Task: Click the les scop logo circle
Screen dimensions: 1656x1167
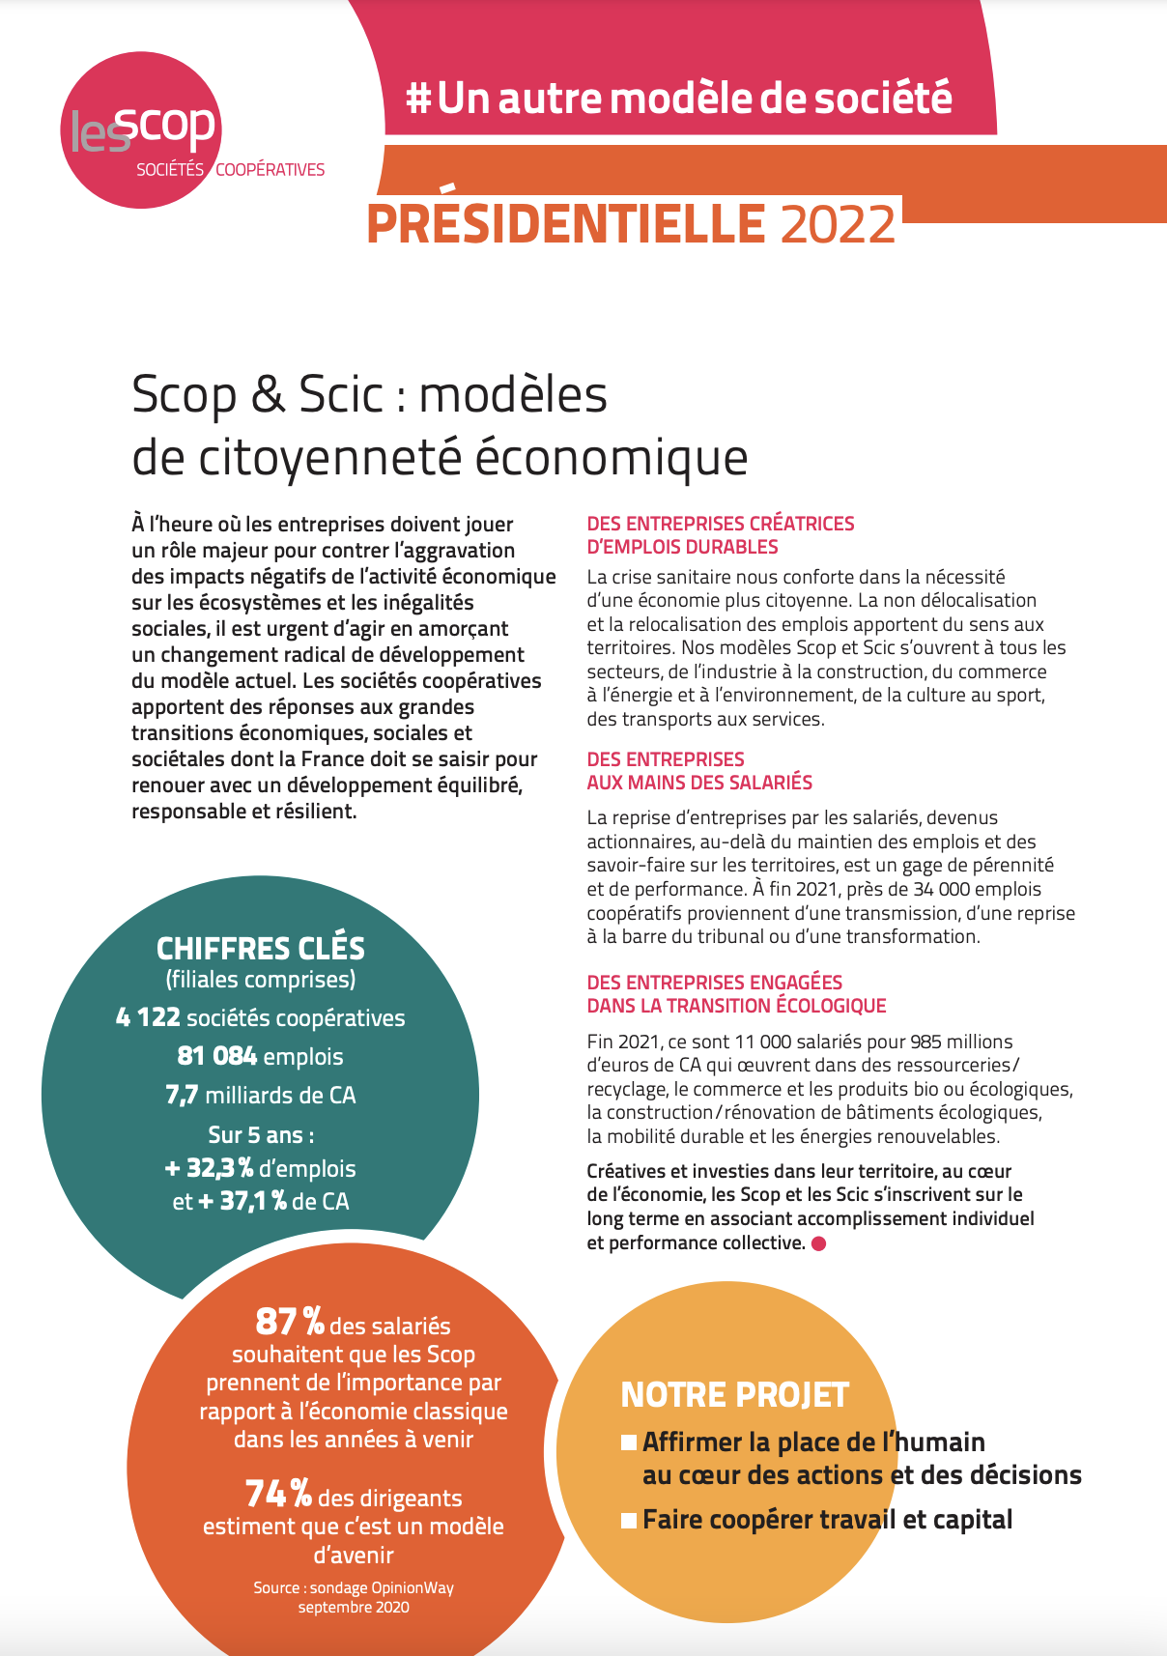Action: coord(141,130)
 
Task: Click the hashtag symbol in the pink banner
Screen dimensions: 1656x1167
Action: coord(418,99)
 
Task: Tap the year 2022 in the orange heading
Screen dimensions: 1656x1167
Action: coord(838,224)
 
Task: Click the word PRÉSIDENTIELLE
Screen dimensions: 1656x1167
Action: coord(566,224)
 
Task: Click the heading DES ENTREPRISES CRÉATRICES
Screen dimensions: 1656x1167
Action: coord(720,524)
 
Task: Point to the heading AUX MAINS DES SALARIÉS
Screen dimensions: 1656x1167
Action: coord(699,783)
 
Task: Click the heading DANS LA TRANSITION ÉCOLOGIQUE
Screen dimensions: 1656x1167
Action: coord(736,1006)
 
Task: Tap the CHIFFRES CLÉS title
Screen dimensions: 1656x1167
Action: coord(261,948)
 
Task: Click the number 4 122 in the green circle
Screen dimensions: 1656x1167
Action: coord(148,1017)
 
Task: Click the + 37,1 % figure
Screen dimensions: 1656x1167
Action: coord(242,1202)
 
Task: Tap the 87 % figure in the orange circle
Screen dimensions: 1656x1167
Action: coord(289,1321)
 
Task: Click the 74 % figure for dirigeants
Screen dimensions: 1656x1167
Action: coord(278,1494)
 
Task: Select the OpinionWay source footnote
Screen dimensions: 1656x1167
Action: coord(354,1597)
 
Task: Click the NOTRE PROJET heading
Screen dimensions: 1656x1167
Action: coord(734,1395)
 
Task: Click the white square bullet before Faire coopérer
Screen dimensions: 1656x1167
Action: coord(629,1521)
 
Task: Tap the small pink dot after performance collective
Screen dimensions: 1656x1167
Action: coord(818,1243)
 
